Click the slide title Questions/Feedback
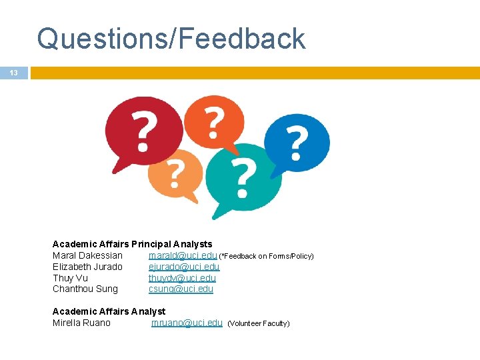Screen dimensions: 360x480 pos(171,39)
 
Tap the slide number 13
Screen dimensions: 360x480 pos(13,73)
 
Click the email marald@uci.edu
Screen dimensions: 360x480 pos(183,255)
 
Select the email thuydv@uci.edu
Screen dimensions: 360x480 pos(182,278)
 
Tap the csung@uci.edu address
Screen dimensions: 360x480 pos(181,289)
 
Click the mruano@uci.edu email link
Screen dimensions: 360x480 pos(187,323)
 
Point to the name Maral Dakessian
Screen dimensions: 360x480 pos(87,255)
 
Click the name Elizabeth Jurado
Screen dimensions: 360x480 pos(87,267)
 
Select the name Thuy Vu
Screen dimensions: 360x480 pos(70,278)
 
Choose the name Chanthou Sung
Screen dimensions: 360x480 pos(85,289)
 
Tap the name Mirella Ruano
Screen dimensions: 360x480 pos(81,323)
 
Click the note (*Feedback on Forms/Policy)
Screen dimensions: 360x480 pos(267,256)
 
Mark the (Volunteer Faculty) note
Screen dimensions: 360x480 pos(259,323)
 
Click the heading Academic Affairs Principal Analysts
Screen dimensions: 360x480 pos(132,244)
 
